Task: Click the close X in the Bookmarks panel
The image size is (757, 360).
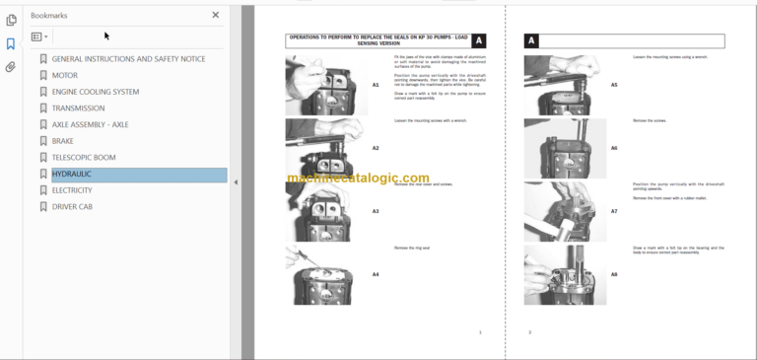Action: click(216, 15)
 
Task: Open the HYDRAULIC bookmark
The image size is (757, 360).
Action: click(71, 175)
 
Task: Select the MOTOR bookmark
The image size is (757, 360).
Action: click(64, 75)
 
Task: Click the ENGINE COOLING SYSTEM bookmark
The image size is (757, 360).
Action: click(95, 92)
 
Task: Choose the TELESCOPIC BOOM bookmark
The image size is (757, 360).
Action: click(86, 158)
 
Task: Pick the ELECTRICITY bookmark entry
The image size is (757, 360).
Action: click(72, 190)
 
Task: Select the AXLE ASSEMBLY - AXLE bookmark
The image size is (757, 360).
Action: click(90, 124)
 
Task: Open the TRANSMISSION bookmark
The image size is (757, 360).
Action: click(78, 108)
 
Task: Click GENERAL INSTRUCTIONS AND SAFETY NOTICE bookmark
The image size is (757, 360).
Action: click(128, 59)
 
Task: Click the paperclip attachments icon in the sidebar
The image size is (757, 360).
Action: click(11, 67)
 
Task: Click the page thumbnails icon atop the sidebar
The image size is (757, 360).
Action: click(11, 20)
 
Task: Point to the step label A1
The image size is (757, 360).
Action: click(376, 85)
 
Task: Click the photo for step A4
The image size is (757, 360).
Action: click(325, 274)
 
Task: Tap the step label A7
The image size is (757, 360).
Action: click(614, 211)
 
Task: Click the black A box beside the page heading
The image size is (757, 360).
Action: click(479, 41)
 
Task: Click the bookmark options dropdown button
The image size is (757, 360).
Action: click(39, 36)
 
